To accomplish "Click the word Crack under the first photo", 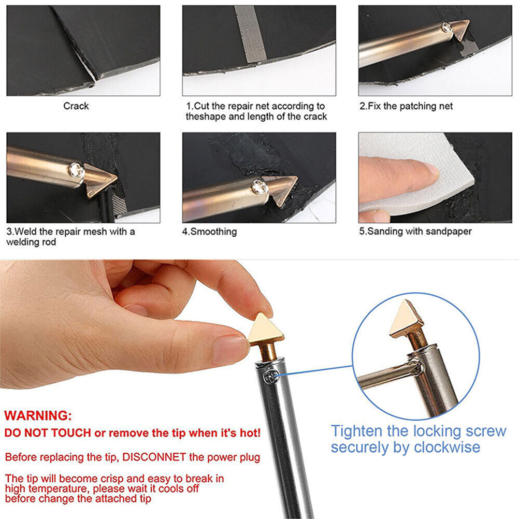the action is (x=76, y=106).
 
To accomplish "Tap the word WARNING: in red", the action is (x=38, y=415).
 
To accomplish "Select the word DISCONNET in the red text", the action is (x=154, y=457).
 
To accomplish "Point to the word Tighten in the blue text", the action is (x=357, y=431).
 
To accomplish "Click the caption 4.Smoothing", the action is (x=210, y=232).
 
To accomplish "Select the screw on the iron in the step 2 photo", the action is (x=447, y=27).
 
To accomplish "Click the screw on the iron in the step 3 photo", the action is (x=76, y=170).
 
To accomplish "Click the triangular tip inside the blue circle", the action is (x=406, y=319).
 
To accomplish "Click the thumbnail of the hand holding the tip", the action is (x=229, y=349).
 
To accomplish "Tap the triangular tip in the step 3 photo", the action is (x=99, y=180).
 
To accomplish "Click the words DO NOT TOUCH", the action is (x=48, y=433).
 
